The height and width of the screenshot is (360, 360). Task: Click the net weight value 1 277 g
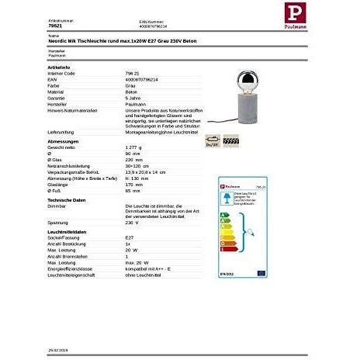[x=137, y=147]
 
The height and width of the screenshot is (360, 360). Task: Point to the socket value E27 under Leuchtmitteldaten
[x=130, y=238]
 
